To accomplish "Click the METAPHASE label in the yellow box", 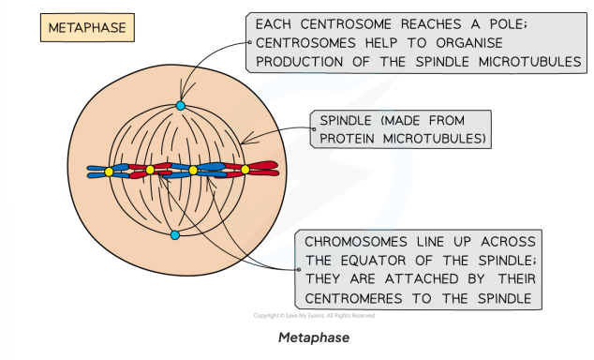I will (87, 28).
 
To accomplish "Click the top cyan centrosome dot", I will (181, 106).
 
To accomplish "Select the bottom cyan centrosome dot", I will (174, 234).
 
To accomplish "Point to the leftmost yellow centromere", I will (110, 172).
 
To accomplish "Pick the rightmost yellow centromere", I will (245, 170).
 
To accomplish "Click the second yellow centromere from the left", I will (150, 170).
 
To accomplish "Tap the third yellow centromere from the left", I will (193, 171).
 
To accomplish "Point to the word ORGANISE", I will (476, 43).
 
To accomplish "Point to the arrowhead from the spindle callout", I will (245, 142).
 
